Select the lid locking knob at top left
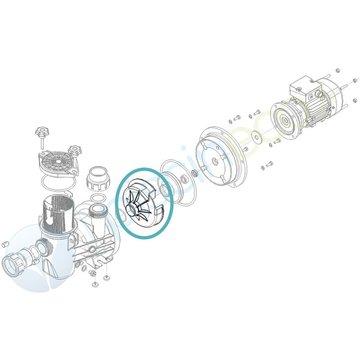pos(43,132)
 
